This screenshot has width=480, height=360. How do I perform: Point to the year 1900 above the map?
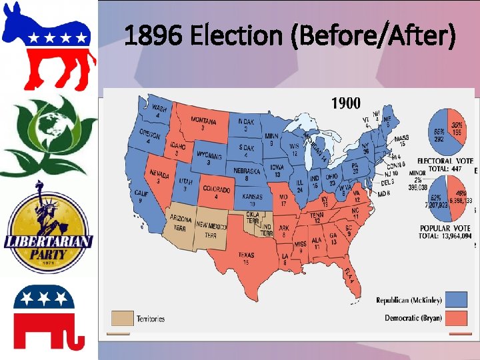pos(346,103)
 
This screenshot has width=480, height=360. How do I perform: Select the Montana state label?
pos(203,122)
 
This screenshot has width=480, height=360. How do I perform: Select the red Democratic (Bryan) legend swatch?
pos(457,318)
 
